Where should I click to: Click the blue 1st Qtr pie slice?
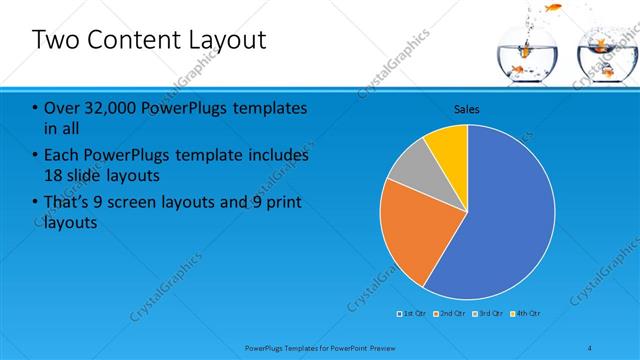point(500,220)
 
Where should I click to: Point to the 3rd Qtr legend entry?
point(488,314)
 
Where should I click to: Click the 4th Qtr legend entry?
point(526,314)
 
